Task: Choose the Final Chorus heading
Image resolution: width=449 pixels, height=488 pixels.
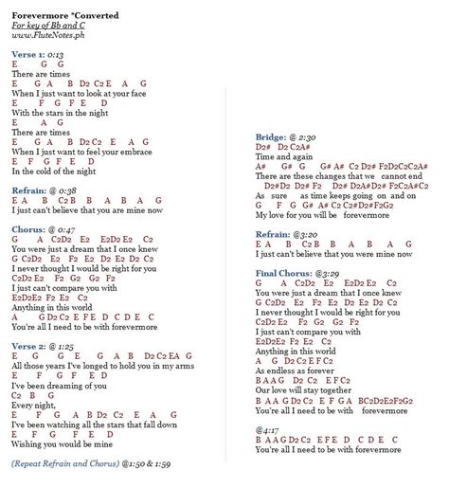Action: point(286,272)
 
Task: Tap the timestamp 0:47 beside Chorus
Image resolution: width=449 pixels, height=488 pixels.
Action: point(65,229)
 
